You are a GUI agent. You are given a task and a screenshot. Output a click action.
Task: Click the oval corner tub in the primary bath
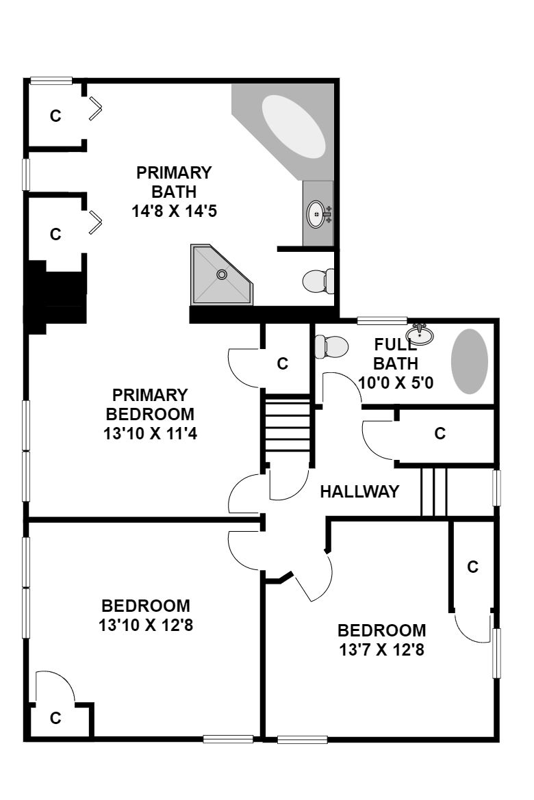coord(293,126)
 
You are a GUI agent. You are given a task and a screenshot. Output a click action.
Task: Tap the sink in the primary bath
coord(316,214)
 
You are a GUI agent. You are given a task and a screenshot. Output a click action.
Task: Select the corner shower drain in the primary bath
coord(222,274)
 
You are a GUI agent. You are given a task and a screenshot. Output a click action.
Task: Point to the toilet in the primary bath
coord(318,281)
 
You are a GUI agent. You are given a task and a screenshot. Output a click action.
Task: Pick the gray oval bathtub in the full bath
coord(469,361)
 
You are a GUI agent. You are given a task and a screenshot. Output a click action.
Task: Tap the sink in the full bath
coord(420,335)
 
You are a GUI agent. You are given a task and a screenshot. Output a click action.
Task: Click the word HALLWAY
coord(359,491)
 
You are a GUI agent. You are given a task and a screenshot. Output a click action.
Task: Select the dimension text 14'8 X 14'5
coord(174,211)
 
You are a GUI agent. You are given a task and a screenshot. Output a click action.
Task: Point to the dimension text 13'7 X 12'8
coord(382,649)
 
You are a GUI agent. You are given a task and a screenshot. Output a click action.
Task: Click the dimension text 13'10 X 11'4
coord(150,433)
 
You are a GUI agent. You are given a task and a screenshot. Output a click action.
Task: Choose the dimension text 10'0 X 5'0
coord(396,382)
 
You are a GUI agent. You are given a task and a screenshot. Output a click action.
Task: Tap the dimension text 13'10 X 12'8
coord(146,625)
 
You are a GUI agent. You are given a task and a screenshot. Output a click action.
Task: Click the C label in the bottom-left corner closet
coord(55,719)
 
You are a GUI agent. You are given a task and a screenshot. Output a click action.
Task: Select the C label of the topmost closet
coord(55,116)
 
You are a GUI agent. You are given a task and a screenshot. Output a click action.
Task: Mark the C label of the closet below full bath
coord(440,433)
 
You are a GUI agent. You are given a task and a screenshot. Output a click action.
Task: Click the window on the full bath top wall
coord(382,320)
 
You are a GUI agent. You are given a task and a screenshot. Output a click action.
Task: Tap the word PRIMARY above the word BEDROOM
coord(150,395)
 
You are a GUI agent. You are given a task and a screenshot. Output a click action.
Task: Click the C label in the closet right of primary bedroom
coord(283,363)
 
